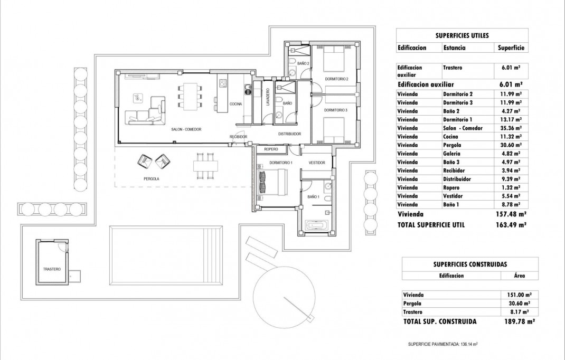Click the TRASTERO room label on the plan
[52, 269]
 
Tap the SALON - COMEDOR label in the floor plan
[186, 129]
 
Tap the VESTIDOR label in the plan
[317, 163]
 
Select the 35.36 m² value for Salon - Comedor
[510, 128]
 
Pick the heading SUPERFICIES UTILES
[462, 36]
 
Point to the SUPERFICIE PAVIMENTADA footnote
[442, 344]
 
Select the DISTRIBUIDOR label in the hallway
[289, 134]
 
